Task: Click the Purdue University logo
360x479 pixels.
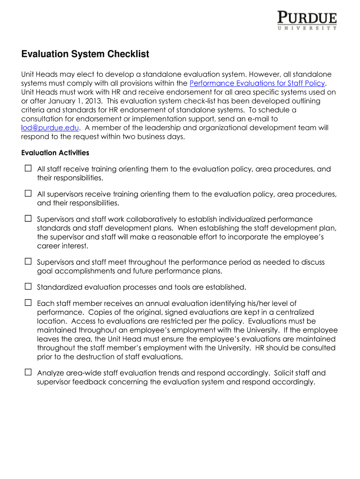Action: coord(307,21)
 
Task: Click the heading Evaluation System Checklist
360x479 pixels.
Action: coord(85,54)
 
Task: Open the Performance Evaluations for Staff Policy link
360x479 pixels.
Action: coord(257,83)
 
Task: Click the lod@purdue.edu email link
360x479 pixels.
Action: coord(50,128)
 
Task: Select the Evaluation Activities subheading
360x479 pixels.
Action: coord(55,153)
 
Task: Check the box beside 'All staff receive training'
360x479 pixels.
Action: coord(28,168)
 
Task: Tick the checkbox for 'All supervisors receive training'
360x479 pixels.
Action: coord(28,194)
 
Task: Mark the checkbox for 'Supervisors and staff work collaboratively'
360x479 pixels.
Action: coord(28,218)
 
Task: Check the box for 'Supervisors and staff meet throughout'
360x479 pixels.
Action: coord(28,262)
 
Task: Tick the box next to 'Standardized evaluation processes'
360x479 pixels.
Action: coord(28,287)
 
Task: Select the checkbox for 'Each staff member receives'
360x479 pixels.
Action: coord(28,303)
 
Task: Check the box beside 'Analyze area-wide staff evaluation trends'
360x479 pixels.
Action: coord(28,373)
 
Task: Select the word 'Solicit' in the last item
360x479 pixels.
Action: coord(286,373)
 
